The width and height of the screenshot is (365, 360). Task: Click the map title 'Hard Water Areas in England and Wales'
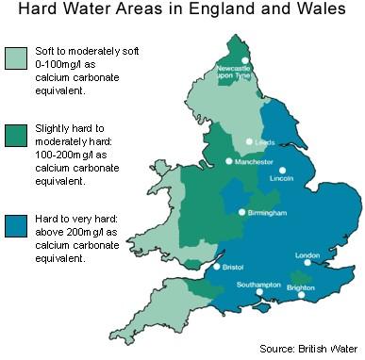pyautogui.click(x=182, y=13)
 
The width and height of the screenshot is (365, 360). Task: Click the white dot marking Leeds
pyautogui.click(x=249, y=141)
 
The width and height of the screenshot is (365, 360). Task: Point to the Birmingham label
pyautogui.click(x=268, y=213)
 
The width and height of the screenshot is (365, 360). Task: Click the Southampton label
pyautogui.click(x=258, y=284)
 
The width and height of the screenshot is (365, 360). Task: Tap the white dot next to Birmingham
pyautogui.click(x=243, y=212)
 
